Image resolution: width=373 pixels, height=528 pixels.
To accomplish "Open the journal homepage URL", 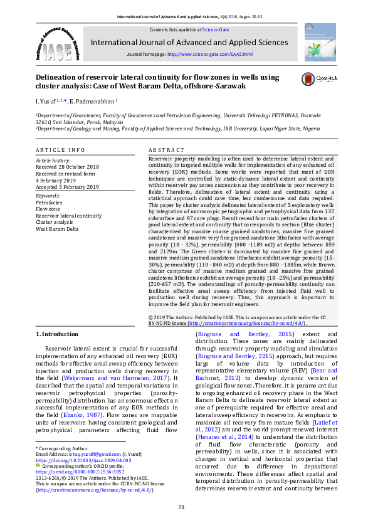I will [x=209, y=55].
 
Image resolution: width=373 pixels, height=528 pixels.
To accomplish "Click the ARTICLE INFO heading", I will [x=60, y=150].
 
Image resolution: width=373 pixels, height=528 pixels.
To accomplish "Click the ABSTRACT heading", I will [x=166, y=150].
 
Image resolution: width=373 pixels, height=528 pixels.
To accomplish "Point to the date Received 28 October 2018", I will [x=68, y=166].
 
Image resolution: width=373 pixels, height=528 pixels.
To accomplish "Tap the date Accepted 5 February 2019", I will [x=68, y=187].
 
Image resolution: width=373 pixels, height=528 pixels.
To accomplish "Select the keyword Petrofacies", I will [x=49, y=203].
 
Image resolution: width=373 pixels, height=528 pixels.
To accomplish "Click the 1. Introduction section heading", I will [x=57, y=334].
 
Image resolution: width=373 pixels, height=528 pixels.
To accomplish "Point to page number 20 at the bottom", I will [x=181, y=507].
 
